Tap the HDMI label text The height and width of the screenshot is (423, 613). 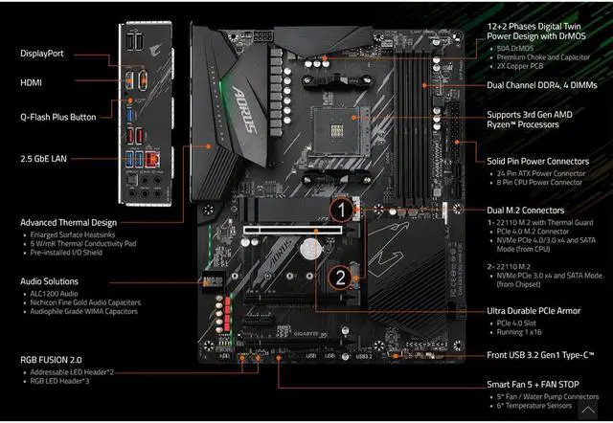[32, 82]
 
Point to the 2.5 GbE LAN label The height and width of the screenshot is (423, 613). [44, 156]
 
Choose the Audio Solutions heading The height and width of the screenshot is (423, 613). [52, 281]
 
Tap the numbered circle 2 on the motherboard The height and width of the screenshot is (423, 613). [338, 277]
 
